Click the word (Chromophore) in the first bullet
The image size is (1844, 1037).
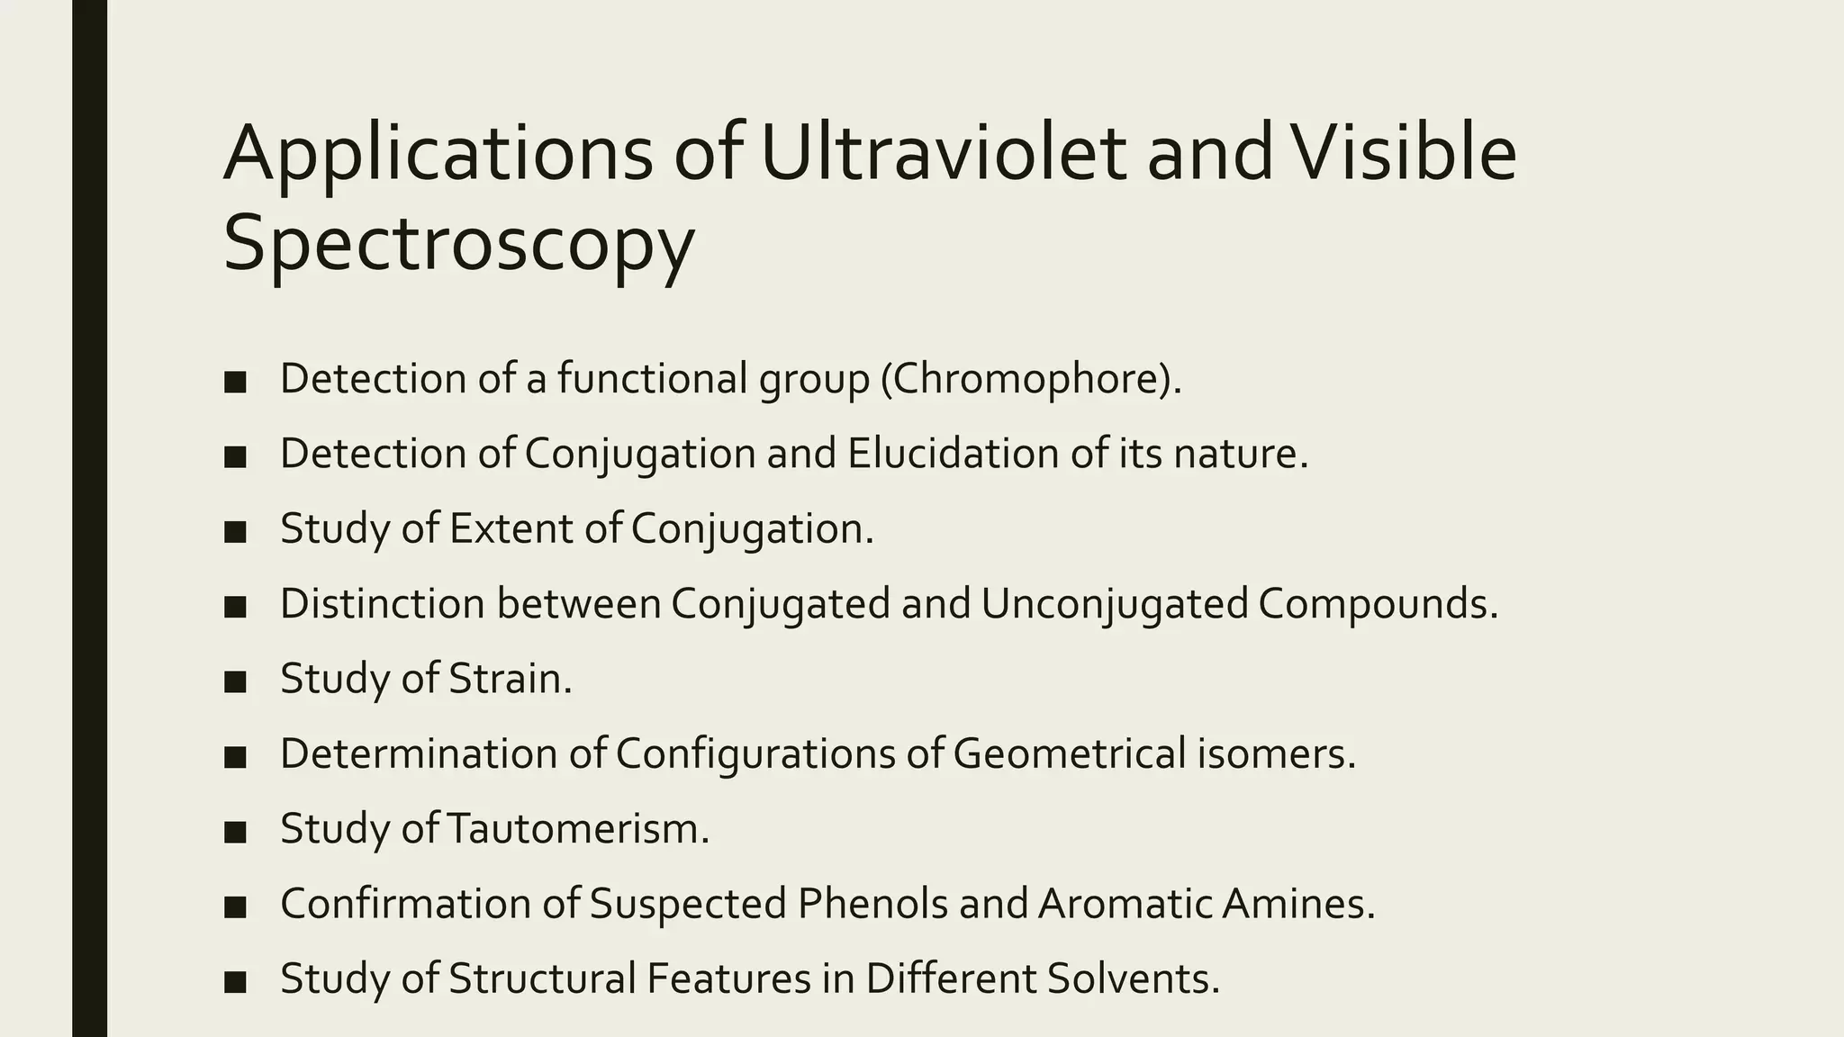click(1030, 379)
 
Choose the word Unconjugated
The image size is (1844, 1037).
click(1114, 604)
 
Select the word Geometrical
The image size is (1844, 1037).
click(1069, 753)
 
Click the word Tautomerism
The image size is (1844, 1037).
click(577, 829)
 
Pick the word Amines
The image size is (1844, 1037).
click(1297, 904)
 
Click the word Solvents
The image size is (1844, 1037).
click(1133, 978)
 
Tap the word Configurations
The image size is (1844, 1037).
click(755, 753)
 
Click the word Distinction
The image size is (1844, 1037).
click(383, 604)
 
